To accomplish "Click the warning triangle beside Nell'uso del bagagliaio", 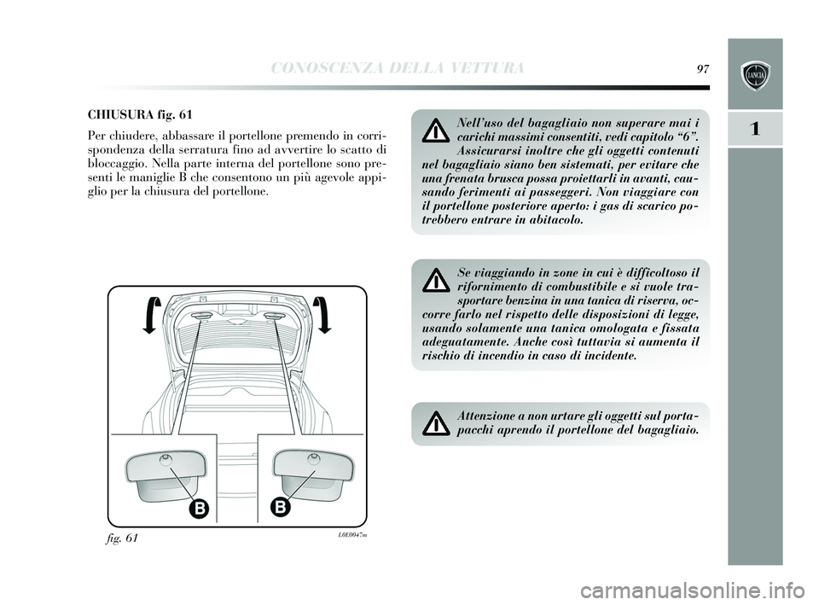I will [435, 131].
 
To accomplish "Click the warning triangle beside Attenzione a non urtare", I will [435, 422].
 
